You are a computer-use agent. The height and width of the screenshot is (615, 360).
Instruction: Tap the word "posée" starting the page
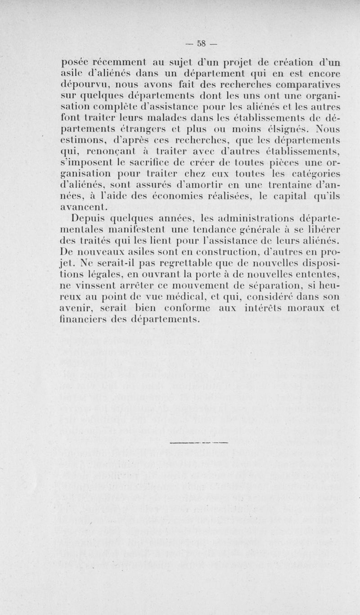pos(76,63)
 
